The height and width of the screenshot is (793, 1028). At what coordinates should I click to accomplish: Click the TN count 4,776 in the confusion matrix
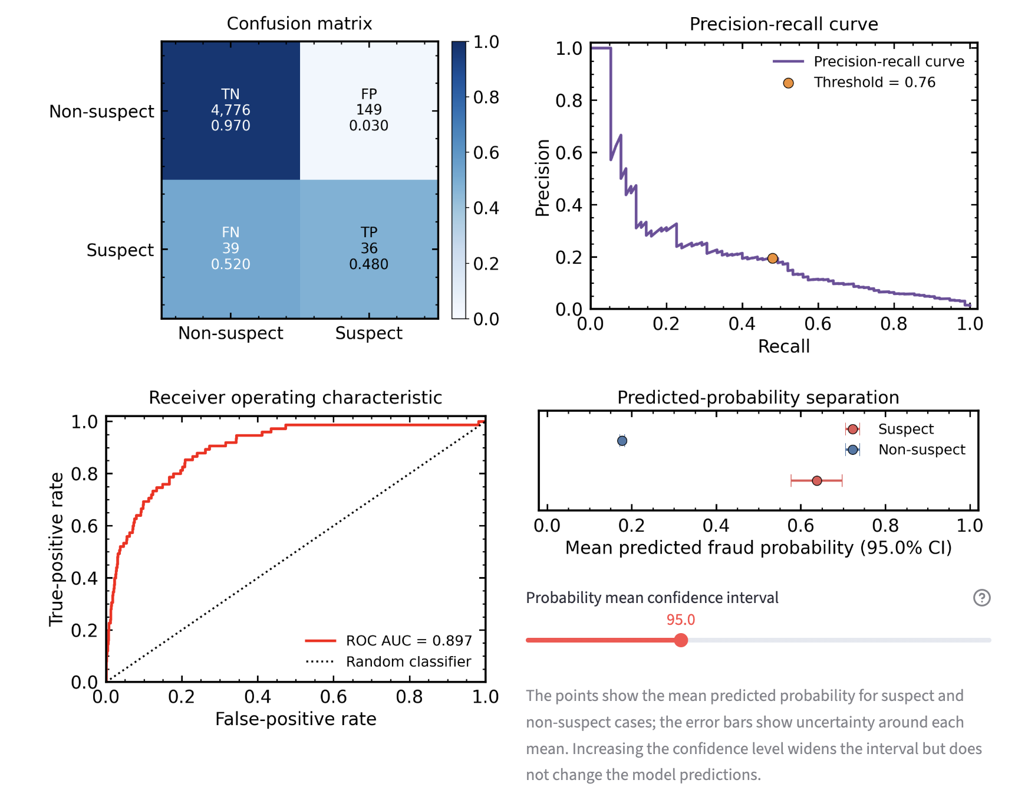[230, 110]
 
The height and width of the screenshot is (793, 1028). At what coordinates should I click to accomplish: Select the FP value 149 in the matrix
[369, 110]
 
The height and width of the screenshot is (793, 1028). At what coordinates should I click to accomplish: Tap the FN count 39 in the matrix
[230, 248]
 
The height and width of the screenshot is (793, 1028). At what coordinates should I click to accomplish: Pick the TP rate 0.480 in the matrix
[369, 264]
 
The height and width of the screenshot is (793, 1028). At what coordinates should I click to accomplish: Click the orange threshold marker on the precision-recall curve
[773, 258]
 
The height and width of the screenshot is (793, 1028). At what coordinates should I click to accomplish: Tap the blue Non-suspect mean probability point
[622, 441]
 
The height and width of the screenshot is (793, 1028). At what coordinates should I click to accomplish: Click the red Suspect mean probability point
[817, 481]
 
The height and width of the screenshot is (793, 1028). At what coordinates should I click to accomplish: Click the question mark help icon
[982, 598]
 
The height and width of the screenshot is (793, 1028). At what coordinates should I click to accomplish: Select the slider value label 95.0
[681, 620]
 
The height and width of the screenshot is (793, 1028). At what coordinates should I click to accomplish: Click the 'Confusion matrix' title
[299, 24]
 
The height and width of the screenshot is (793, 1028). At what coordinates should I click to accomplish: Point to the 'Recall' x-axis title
[784, 346]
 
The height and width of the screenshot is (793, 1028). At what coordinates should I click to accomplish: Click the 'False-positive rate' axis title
[296, 719]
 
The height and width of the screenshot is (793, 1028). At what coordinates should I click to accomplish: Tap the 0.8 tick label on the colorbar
[486, 97]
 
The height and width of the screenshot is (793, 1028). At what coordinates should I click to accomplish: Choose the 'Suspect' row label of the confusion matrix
[120, 250]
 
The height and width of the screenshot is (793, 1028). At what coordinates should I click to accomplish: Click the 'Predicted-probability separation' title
[759, 398]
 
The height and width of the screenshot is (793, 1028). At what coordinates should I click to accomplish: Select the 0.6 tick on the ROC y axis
[84, 526]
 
